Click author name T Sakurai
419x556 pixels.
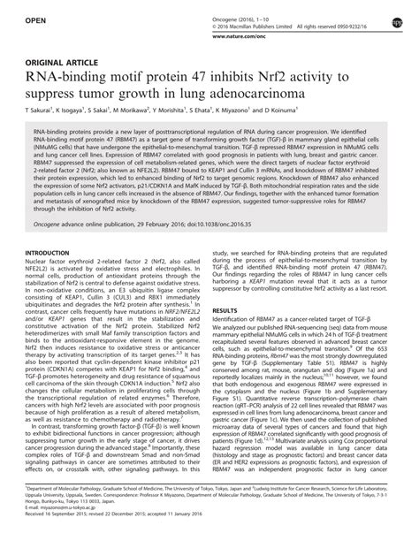[x=51, y=114]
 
